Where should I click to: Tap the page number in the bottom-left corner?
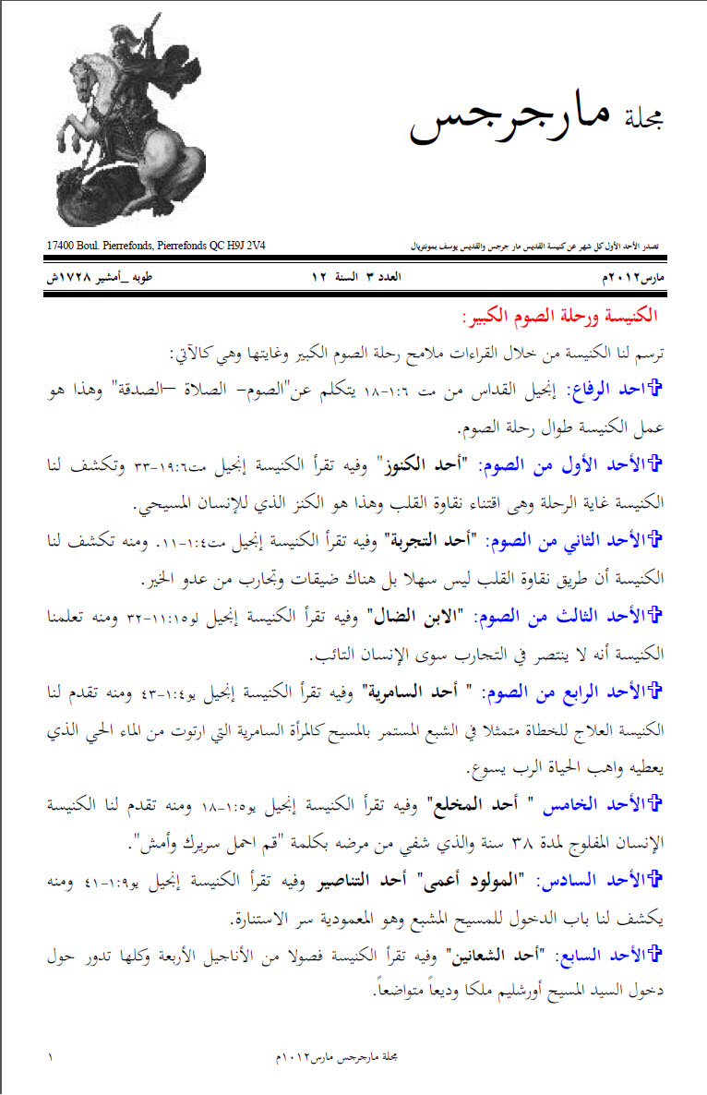[50, 1054]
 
